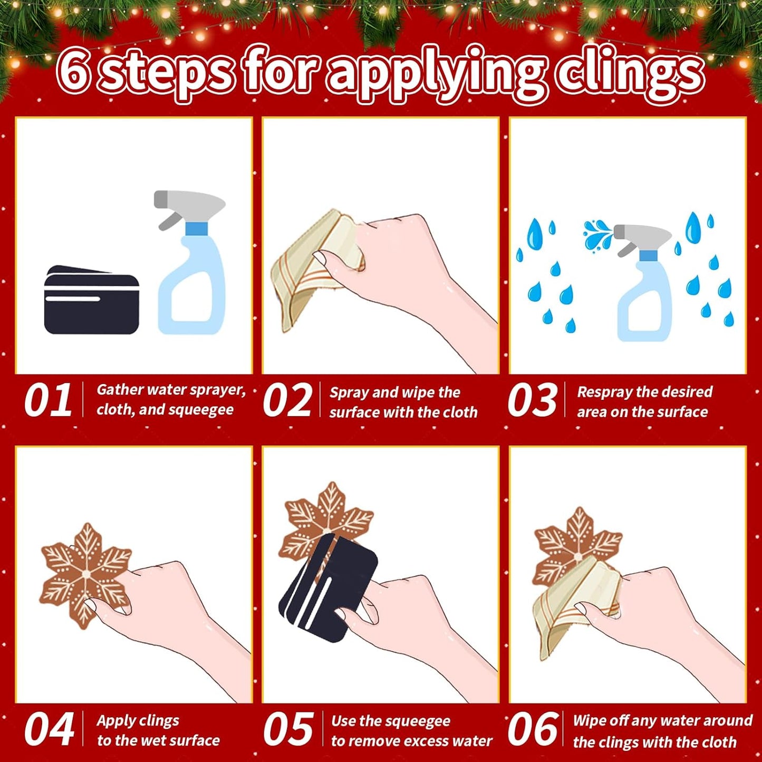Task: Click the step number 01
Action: (x=48, y=400)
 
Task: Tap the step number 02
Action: (x=287, y=400)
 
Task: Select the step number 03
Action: (x=532, y=400)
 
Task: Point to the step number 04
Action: (x=49, y=729)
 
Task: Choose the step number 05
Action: (x=288, y=729)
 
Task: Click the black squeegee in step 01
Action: (x=91, y=300)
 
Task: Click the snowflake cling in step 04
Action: (x=86, y=577)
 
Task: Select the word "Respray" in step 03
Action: (x=603, y=392)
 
